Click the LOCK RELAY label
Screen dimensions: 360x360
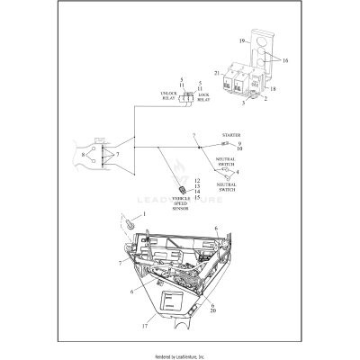(203, 96)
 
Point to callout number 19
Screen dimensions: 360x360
(244, 41)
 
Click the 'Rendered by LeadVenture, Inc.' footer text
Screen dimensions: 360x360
(180, 356)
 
